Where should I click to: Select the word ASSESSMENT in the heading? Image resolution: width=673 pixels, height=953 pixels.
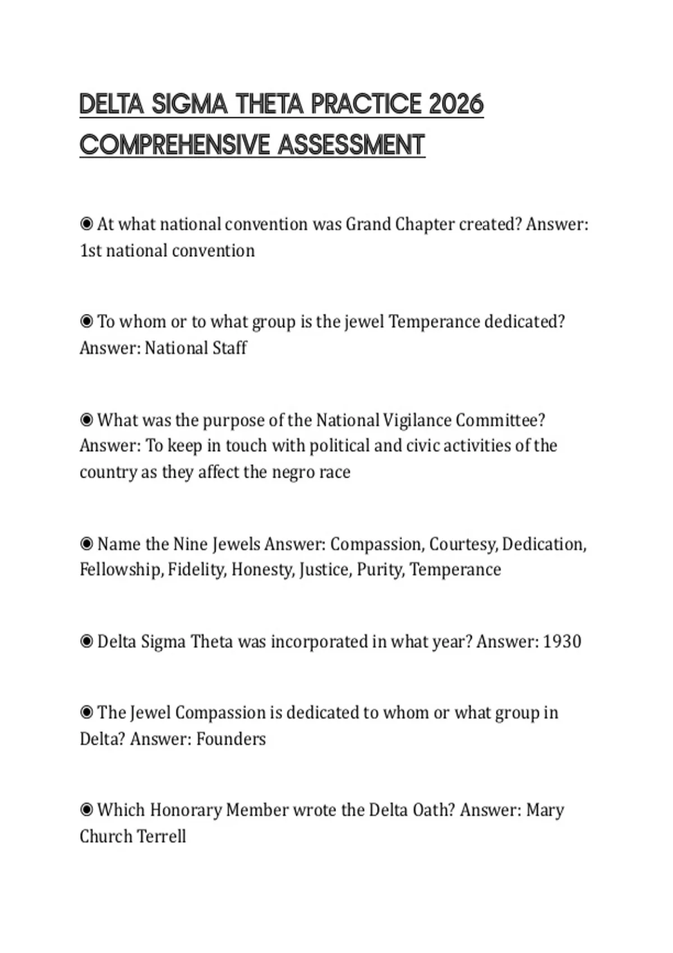click(x=351, y=145)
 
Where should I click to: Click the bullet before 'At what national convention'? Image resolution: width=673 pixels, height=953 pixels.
click(x=86, y=224)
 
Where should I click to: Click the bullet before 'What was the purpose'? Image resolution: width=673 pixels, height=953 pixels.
click(x=86, y=420)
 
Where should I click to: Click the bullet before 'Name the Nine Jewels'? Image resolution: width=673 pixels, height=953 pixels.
click(x=86, y=544)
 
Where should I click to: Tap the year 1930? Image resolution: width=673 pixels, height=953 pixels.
click(x=562, y=641)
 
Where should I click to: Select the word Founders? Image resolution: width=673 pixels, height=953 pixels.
click(x=231, y=739)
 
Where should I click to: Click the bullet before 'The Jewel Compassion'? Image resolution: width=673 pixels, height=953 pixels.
click(x=86, y=713)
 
